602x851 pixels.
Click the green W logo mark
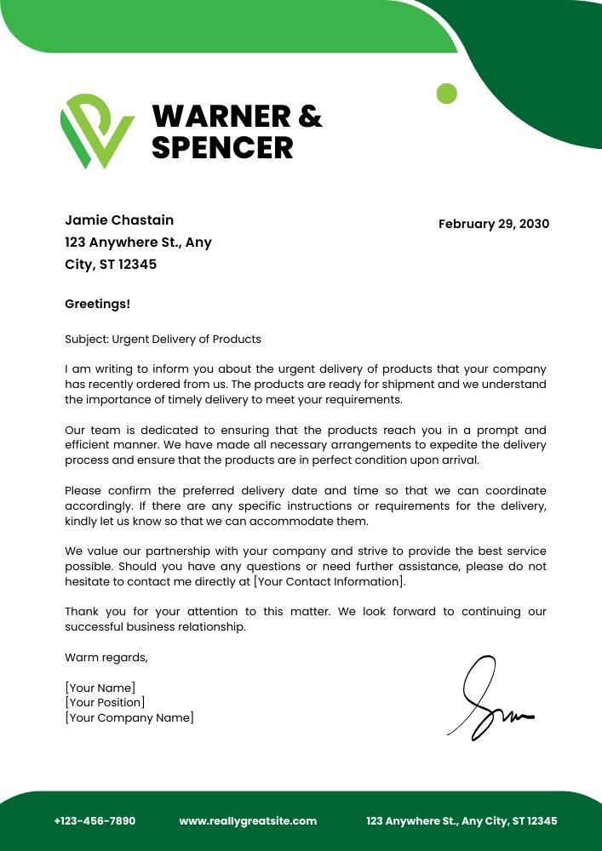95,130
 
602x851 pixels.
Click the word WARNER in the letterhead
219,116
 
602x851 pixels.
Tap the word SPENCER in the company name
222,147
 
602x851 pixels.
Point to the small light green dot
446,93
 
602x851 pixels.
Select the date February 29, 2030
494,224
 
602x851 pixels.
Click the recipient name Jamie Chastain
119,220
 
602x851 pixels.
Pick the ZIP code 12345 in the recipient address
137,265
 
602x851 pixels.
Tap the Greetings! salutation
97,304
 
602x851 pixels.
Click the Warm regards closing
106,657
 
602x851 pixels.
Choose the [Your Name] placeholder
100,688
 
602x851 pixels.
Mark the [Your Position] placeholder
105,702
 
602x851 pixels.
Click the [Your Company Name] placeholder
129,717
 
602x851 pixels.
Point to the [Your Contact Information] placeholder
329,581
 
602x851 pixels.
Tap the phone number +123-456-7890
95,821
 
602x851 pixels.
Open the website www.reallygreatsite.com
248,821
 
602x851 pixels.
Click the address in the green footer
462,821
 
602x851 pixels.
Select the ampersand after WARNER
310,116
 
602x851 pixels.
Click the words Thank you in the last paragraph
88,611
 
